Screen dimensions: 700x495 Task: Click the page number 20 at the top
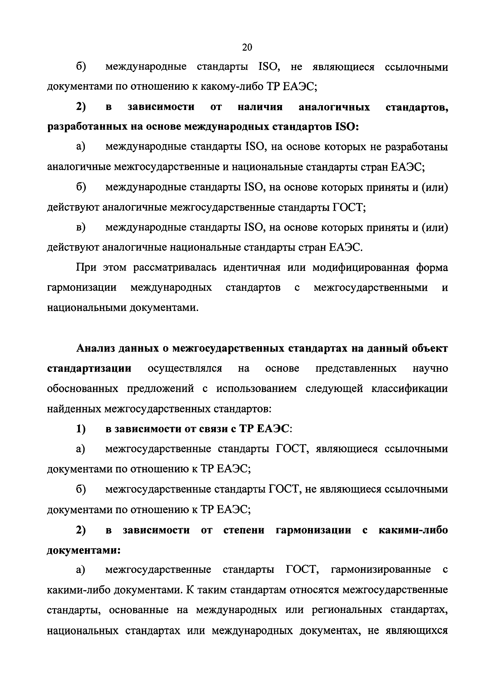coord(247,47)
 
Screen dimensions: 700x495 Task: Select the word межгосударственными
coord(371,288)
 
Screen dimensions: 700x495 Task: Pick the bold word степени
coord(244,530)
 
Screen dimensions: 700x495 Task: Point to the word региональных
coord(347,610)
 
